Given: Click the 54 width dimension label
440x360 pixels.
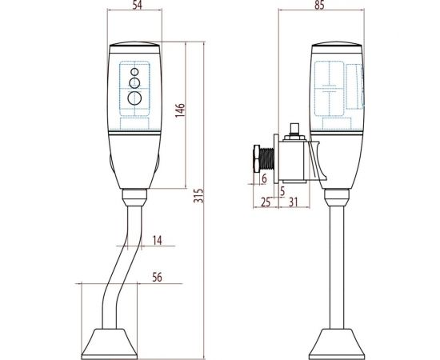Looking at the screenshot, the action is [138, 5].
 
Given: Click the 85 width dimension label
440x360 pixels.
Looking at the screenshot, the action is [319, 5].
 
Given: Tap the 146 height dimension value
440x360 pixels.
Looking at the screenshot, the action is [180, 110].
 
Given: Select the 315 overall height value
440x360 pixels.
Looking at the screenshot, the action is [198, 195].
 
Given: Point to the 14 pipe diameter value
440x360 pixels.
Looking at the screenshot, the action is [158, 241].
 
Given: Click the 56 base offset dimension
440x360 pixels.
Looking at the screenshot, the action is [157, 278].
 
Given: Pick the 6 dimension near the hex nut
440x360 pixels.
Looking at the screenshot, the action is [264, 178].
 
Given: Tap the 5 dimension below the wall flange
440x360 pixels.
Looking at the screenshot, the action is [282, 191].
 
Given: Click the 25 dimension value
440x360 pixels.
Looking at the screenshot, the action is [266, 202].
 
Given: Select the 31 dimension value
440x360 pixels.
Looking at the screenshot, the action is [293, 202].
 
